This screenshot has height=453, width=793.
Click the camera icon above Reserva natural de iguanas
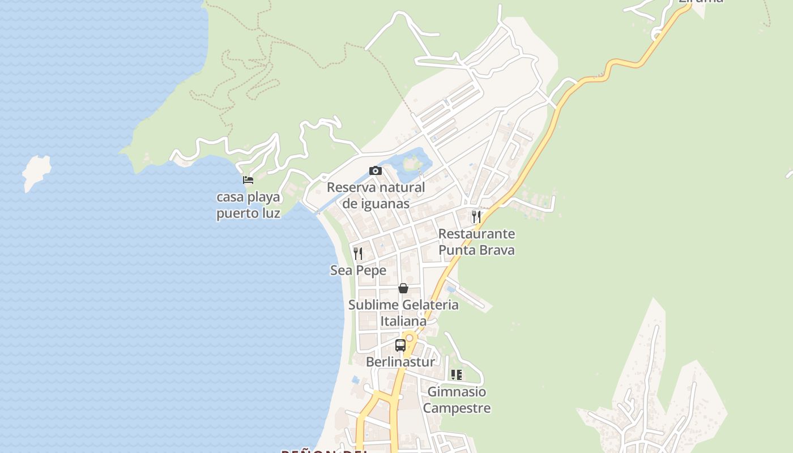[375, 170]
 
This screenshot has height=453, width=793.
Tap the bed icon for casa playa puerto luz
[248, 180]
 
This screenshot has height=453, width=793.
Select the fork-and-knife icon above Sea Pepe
[358, 253]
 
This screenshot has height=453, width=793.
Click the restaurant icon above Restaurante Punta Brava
[476, 216]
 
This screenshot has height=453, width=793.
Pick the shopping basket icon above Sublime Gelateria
[403, 288]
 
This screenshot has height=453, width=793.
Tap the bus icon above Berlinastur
[400, 345]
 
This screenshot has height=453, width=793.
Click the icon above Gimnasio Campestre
[457, 374]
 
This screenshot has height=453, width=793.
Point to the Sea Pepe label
[358, 271]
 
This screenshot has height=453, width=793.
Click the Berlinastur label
[400, 362]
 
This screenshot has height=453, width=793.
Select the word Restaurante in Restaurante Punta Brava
[476, 234]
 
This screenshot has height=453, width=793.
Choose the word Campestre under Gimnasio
[457, 408]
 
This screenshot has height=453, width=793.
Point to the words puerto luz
[248, 213]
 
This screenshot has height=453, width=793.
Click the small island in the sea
[37, 171]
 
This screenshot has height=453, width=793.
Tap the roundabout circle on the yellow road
[409, 337]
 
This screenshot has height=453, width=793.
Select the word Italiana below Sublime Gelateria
[403, 321]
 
